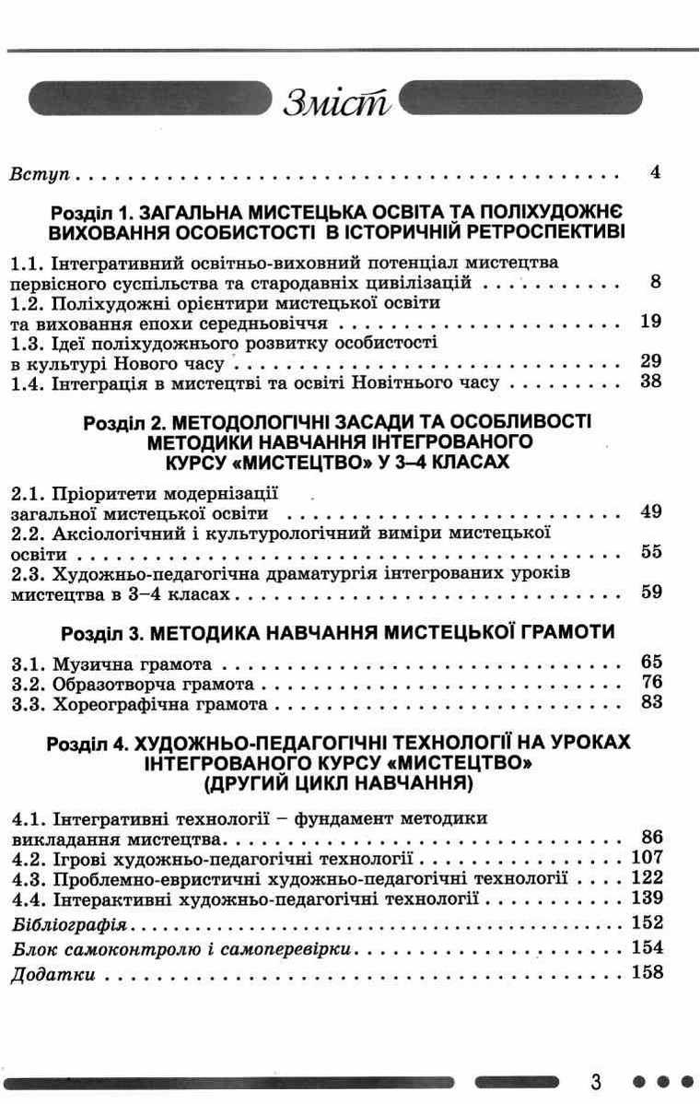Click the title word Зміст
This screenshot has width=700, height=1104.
[x=338, y=100]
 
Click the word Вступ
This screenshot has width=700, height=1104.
[x=41, y=173]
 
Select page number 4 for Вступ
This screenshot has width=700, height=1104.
[x=656, y=171]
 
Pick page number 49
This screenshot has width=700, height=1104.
[x=651, y=512]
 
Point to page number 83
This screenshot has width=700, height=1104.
[x=651, y=703]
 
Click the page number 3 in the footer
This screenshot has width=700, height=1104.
[x=597, y=1081]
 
